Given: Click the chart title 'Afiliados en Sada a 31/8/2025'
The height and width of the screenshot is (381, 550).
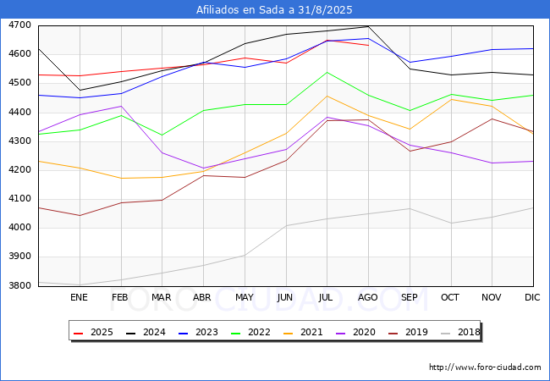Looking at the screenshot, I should pyautogui.click(x=274, y=9).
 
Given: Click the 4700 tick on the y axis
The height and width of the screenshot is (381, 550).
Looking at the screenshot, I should pyautogui.click(x=19, y=25).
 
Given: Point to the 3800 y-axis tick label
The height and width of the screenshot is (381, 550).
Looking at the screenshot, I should pyautogui.click(x=19, y=286).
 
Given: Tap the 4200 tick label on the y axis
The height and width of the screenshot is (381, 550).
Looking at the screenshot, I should pyautogui.click(x=19, y=170).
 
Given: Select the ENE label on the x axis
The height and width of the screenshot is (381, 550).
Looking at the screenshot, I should pyautogui.click(x=79, y=297).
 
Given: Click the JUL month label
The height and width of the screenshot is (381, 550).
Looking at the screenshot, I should pyautogui.click(x=327, y=297).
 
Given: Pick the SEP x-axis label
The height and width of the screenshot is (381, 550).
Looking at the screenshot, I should pyautogui.click(x=410, y=297).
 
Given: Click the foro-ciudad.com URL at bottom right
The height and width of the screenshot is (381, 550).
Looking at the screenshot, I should pyautogui.click(x=485, y=367).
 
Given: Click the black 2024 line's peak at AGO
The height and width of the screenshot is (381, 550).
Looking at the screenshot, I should pyautogui.click(x=368, y=26).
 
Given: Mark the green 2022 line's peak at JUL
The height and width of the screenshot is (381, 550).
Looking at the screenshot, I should pyautogui.click(x=327, y=72).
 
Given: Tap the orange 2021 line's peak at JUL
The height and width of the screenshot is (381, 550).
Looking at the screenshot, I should pyautogui.click(x=327, y=96).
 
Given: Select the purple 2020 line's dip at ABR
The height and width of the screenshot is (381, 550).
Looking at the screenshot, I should pyautogui.click(x=203, y=168).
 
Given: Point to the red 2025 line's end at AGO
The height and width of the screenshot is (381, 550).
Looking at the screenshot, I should pyautogui.click(x=368, y=45).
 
